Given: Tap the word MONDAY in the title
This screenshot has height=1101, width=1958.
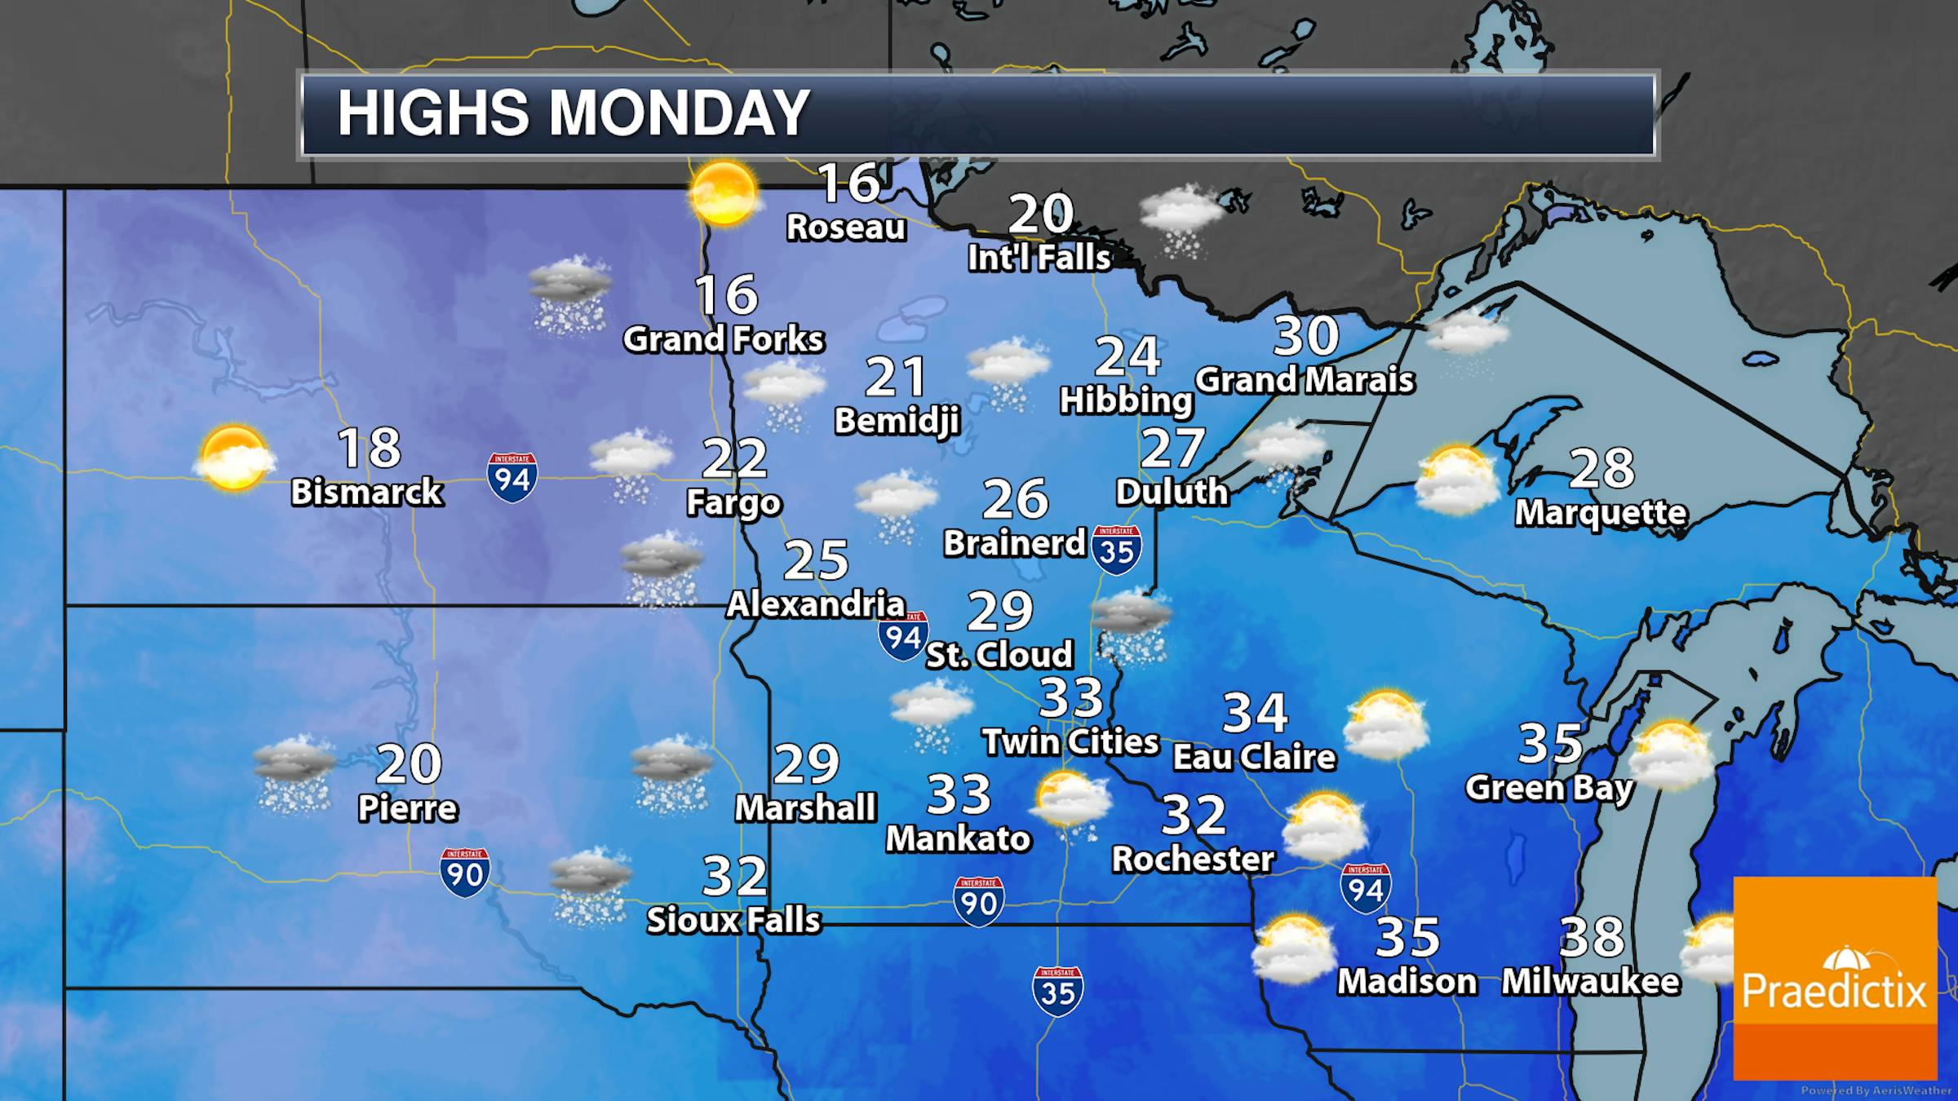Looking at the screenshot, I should [x=679, y=113].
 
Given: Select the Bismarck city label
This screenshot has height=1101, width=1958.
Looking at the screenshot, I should [x=367, y=492].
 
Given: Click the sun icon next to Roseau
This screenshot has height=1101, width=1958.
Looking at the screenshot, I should [x=723, y=192].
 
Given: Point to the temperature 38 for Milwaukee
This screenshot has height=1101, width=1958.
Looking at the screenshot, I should [x=1592, y=937].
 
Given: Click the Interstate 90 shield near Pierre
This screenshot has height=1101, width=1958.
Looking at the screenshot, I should [x=465, y=873].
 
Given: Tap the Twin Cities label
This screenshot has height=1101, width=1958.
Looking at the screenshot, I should [x=1070, y=741].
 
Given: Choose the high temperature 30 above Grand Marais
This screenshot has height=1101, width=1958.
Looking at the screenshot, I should [x=1306, y=335].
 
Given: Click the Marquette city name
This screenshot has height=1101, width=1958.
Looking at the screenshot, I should [x=1601, y=512].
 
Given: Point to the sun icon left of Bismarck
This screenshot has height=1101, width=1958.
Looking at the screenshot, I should [x=234, y=458].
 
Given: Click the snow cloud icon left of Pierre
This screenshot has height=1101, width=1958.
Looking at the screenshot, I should [x=295, y=775].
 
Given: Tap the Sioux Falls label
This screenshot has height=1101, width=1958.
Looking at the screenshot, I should [x=733, y=920].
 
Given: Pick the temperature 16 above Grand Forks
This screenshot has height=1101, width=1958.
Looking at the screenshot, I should [x=726, y=294].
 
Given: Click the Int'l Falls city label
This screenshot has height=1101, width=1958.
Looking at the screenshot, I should [x=1039, y=258].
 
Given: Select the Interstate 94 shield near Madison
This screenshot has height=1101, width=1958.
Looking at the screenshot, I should [x=1366, y=888].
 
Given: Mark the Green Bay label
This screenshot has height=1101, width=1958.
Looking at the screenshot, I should [x=1549, y=788].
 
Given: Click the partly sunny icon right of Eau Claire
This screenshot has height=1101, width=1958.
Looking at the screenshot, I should [x=1386, y=725].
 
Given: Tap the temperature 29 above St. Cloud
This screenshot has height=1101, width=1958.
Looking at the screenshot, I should [x=1000, y=611].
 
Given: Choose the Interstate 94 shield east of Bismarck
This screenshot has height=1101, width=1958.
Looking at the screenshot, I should [x=512, y=477].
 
